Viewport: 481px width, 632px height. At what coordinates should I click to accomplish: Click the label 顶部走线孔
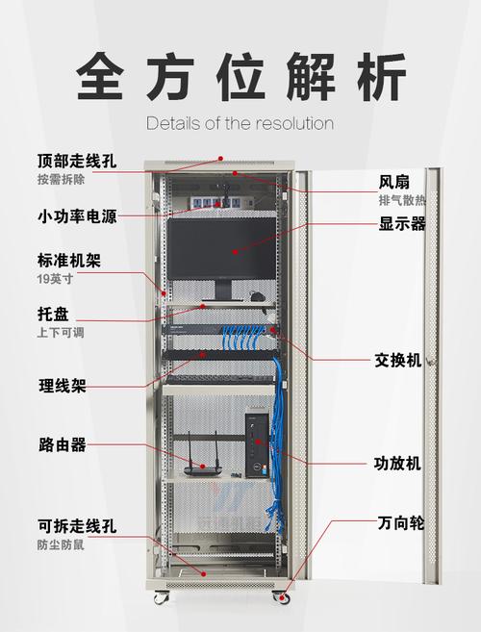click(x=77, y=162)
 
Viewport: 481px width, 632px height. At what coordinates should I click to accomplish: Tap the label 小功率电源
click(x=77, y=216)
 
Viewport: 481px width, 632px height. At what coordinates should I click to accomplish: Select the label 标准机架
click(x=69, y=261)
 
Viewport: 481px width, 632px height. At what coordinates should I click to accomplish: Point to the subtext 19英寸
click(x=55, y=279)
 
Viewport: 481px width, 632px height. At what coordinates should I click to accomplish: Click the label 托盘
click(x=53, y=314)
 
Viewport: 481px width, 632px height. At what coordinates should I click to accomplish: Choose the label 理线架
click(x=63, y=386)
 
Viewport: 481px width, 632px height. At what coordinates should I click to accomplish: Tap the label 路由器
click(x=63, y=445)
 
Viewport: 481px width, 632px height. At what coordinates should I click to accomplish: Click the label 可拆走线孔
click(x=77, y=526)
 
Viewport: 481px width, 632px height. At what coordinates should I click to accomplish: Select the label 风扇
click(x=393, y=182)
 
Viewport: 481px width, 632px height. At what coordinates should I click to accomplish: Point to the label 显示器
click(x=402, y=223)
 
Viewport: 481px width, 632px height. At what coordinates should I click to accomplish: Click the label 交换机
click(x=398, y=360)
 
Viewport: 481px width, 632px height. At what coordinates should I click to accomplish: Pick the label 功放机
click(x=397, y=464)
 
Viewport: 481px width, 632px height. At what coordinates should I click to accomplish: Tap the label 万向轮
click(x=401, y=523)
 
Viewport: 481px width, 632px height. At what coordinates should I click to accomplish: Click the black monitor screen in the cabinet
click(x=222, y=248)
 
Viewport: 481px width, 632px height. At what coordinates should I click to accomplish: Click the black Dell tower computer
click(x=257, y=445)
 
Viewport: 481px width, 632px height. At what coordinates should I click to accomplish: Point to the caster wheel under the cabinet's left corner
click(x=162, y=597)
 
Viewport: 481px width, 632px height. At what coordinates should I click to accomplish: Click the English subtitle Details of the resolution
click(x=240, y=123)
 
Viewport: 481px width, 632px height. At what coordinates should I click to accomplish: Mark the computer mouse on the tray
click(x=257, y=297)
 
